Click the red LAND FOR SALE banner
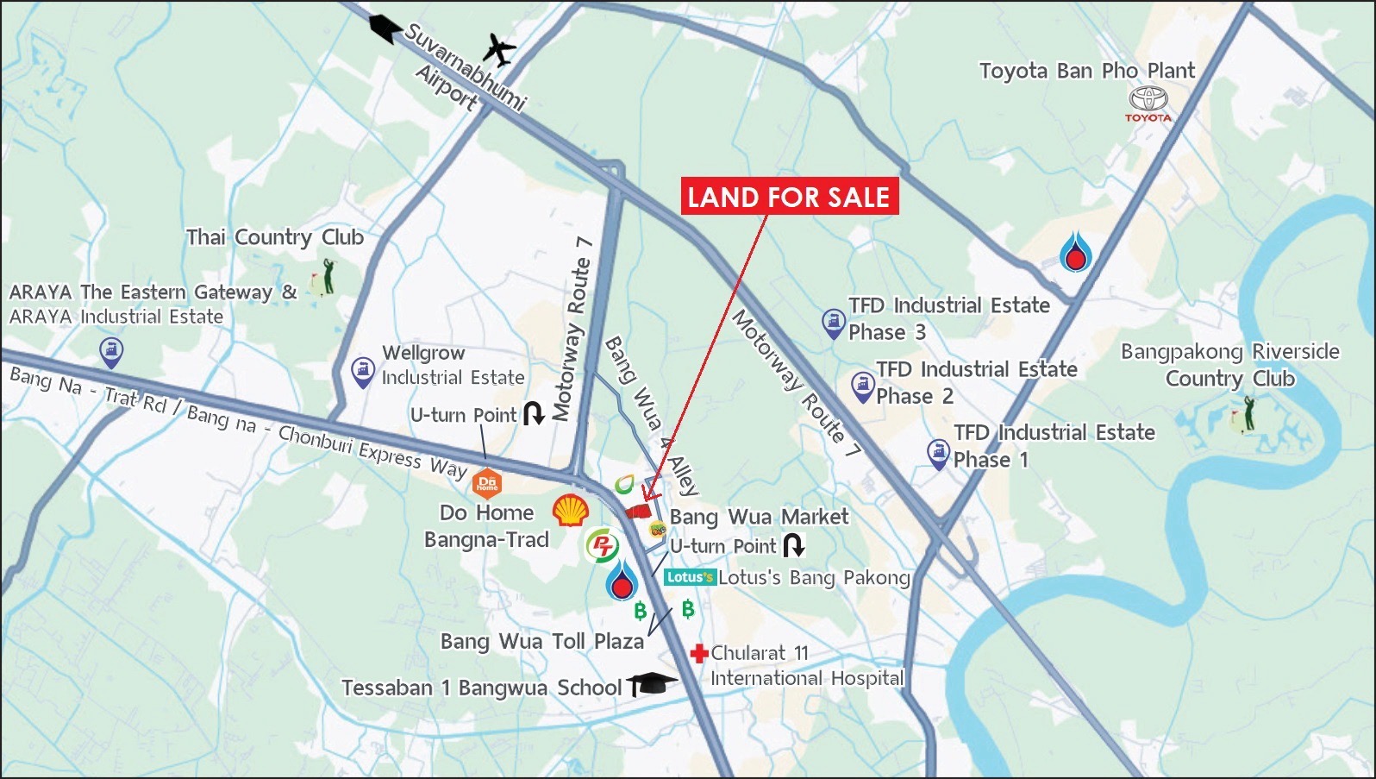click(789, 197)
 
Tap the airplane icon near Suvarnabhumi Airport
click(498, 50)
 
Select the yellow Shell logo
click(570, 510)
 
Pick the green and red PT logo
click(603, 545)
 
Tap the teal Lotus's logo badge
click(690, 577)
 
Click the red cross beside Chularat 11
click(699, 653)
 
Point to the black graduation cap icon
click(652, 684)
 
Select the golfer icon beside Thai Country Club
click(326, 276)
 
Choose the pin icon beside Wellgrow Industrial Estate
click(363, 372)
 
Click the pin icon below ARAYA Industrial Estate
click(111, 352)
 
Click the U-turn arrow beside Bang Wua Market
click(793, 545)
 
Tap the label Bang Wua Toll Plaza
click(541, 641)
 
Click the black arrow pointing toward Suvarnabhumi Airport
click(385, 28)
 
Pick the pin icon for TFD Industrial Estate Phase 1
click(938, 454)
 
